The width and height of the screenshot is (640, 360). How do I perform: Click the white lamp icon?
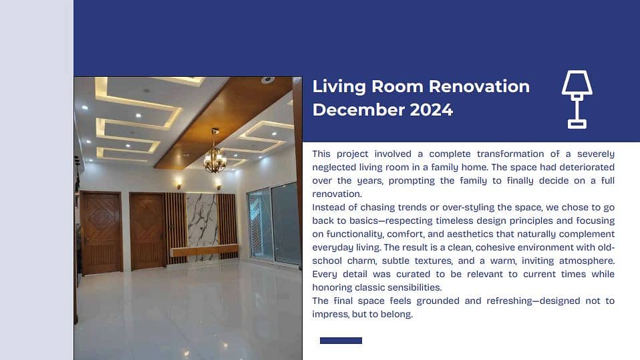pyautogui.click(x=577, y=99)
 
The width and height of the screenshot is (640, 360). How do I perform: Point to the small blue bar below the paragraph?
pyautogui.click(x=341, y=341)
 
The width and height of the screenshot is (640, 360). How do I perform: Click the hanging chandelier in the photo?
pyautogui.click(x=215, y=158)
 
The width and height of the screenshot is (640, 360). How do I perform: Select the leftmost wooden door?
pyautogui.click(x=101, y=232)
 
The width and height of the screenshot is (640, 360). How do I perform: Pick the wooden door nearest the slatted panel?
pyautogui.click(x=148, y=230)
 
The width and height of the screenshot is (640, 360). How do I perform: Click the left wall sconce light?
pyautogui.click(x=179, y=183)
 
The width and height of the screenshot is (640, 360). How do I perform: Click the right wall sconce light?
pyautogui.click(x=218, y=183)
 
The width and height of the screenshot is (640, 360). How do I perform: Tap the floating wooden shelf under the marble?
pyautogui.click(x=204, y=250)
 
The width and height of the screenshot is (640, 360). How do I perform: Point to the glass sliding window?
pyautogui.click(x=274, y=224)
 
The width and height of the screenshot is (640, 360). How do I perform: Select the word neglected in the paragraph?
pyautogui.click(x=335, y=167)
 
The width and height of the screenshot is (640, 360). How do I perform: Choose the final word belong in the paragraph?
pyautogui.click(x=397, y=314)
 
